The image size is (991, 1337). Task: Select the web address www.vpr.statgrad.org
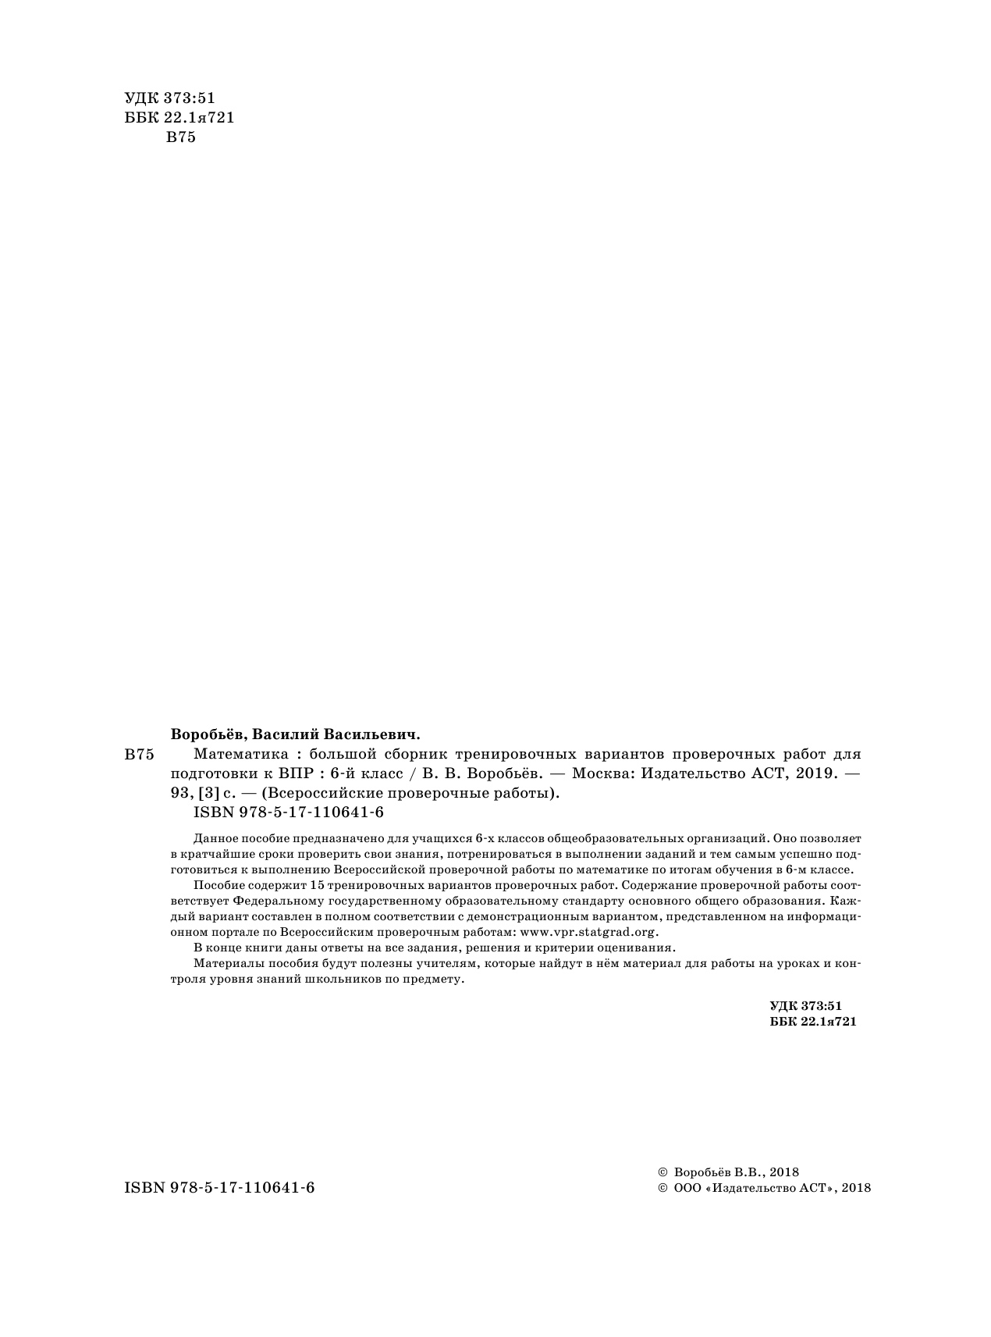[589, 932]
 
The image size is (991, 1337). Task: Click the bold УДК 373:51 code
[806, 1007]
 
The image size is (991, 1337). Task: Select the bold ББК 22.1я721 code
[812, 1022]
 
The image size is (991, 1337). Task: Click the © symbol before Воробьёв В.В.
[662, 1172]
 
